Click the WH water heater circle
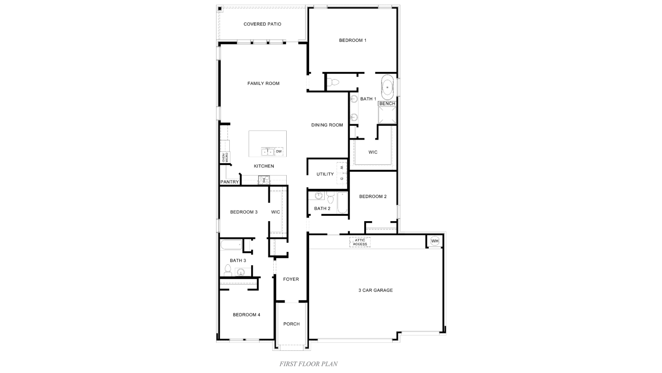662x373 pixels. click(435, 241)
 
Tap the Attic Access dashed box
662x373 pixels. click(360, 242)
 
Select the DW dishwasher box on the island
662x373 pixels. click(279, 152)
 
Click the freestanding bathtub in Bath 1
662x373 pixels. click(387, 87)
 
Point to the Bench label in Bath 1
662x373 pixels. click(387, 103)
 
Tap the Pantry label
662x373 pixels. click(229, 182)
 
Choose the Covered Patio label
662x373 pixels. click(262, 24)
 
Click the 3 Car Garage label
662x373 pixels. click(375, 290)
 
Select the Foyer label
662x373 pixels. click(291, 279)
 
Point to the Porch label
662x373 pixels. click(291, 324)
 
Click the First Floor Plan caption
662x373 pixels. click(308, 364)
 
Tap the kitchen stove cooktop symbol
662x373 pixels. click(264, 180)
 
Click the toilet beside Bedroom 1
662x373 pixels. click(333, 82)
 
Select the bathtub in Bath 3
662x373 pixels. click(231, 245)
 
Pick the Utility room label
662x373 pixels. click(325, 174)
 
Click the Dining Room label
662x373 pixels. click(327, 125)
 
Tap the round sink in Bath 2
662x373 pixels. click(319, 196)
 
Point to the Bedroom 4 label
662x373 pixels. click(246, 315)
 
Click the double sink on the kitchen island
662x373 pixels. click(267, 152)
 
